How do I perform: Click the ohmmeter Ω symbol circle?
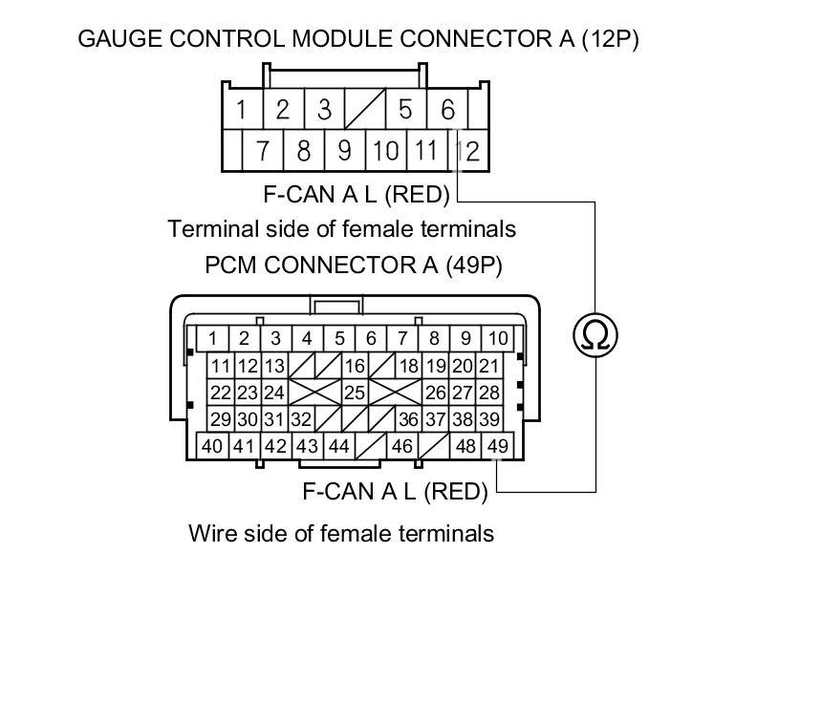coord(595,334)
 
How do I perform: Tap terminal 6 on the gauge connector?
coord(448,110)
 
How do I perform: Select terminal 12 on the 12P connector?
coord(468,150)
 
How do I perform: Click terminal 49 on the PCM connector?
coord(497,445)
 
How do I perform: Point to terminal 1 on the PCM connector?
coord(212,338)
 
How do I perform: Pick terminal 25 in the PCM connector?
coord(355,393)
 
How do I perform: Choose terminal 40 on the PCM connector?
coord(212,445)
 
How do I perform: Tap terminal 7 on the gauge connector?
coord(262,150)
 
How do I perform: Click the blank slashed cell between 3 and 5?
coord(364,110)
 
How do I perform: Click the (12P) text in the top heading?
coord(610,39)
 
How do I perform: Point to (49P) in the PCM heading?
coord(474,265)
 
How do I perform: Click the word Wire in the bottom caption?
coord(212,533)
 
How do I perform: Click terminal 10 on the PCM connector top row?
coord(497,338)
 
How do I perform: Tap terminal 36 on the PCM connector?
coord(408,419)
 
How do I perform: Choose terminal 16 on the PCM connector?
coord(355,366)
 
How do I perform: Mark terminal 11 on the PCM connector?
coord(221,366)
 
